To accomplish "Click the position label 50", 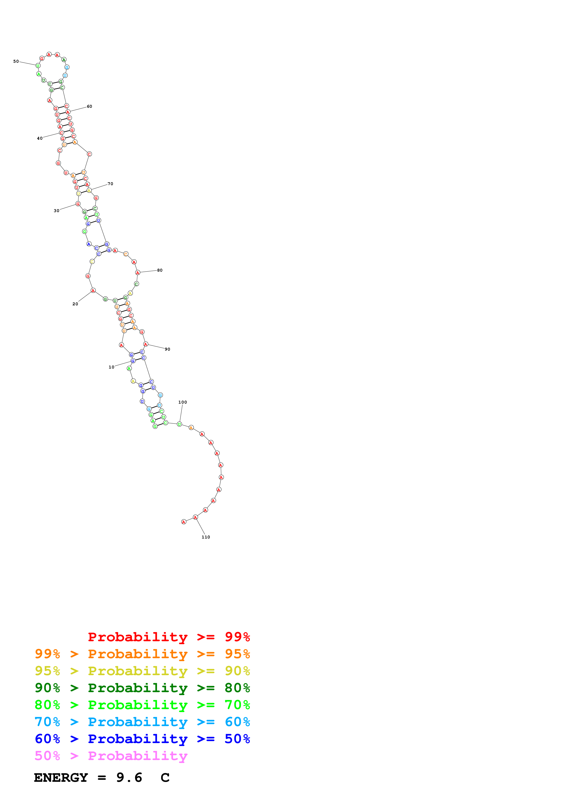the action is pyautogui.click(x=16, y=62).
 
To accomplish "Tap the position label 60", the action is pyautogui.click(x=90, y=107).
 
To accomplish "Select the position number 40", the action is pyautogui.click(x=40, y=138).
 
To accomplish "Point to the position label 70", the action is pyautogui.click(x=110, y=184).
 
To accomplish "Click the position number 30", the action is pyautogui.click(x=56, y=210).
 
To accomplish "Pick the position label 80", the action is pyautogui.click(x=160, y=270).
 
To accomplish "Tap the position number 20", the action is pyautogui.click(x=75, y=304).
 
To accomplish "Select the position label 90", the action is pyautogui.click(x=167, y=349).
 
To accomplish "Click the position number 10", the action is pyautogui.click(x=111, y=367).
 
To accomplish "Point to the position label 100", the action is pyautogui.click(x=182, y=402).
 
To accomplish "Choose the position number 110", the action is pyautogui.click(x=206, y=537).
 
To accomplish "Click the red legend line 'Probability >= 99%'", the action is pyautogui.click(x=169, y=637).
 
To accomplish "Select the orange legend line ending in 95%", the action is pyautogui.click(x=142, y=654).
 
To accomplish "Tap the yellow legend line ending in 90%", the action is pyautogui.click(x=142, y=671).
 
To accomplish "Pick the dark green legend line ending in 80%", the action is pyautogui.click(x=142, y=688).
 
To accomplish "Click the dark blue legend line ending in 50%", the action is pyautogui.click(x=142, y=739).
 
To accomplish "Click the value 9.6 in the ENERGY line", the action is pyautogui.click(x=129, y=777).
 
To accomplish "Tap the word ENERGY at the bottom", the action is pyautogui.click(x=61, y=777).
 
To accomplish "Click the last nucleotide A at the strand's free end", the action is pyautogui.click(x=184, y=522).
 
